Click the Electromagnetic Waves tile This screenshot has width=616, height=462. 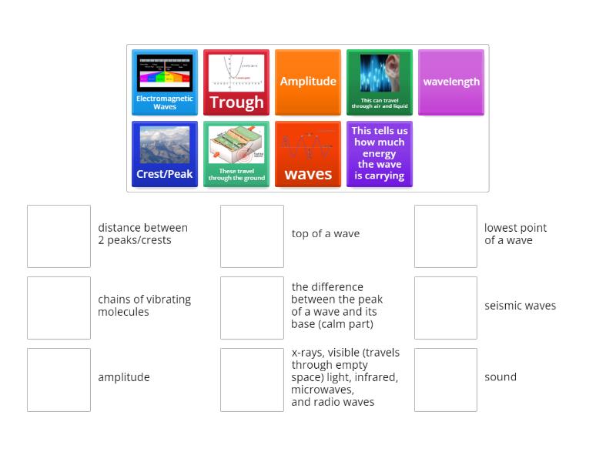[165, 82]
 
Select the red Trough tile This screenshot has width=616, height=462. [236, 82]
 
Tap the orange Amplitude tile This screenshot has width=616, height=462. [308, 82]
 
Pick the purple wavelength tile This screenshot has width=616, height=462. [451, 82]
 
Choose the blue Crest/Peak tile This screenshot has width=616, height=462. [165, 154]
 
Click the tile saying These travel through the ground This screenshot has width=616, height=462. [236, 154]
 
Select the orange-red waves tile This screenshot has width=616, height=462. [308, 154]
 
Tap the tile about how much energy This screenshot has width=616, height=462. [380, 154]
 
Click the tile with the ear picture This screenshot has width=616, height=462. [380, 82]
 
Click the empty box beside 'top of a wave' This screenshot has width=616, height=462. [252, 236]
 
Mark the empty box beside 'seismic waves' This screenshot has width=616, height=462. [446, 308]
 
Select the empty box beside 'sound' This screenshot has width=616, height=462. [446, 380]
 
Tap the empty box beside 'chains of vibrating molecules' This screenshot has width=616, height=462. [59, 308]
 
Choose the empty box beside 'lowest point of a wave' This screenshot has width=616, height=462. [446, 236]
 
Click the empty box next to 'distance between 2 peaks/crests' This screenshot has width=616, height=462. [59, 236]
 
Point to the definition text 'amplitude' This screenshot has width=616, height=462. [124, 377]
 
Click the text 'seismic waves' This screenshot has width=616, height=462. [520, 306]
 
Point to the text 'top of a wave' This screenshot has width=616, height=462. [326, 234]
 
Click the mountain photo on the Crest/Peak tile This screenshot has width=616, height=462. [165, 145]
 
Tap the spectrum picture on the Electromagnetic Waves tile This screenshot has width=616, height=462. [165, 73]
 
